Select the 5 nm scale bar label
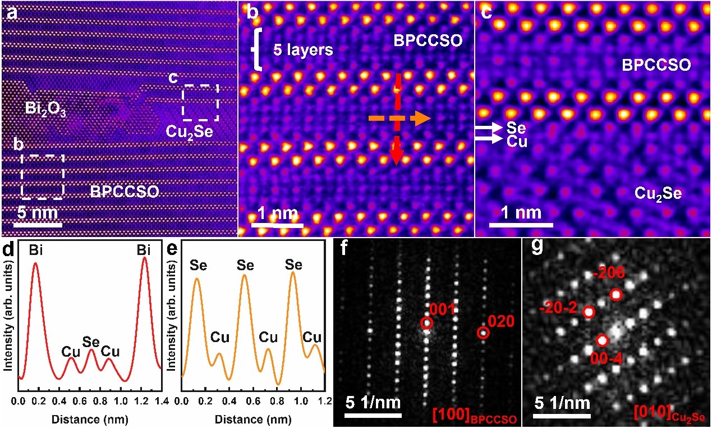click(37, 213)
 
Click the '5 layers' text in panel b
click(303, 50)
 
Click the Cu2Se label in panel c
click(658, 194)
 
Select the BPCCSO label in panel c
click(656, 66)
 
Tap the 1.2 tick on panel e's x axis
click(321, 402)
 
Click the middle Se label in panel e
click(245, 265)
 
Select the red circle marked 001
click(426, 323)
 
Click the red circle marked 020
click(483, 333)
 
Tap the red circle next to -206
click(616, 295)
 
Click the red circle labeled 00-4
click(602, 340)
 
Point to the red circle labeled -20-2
click(589, 312)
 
